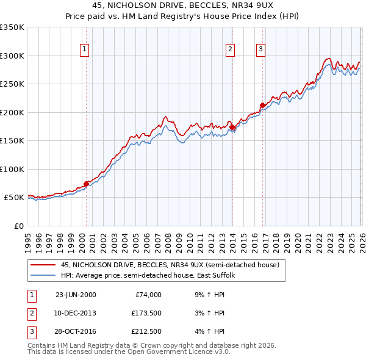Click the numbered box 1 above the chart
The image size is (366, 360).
(84, 50)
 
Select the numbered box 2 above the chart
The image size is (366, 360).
(231, 50)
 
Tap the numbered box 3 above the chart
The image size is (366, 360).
(260, 50)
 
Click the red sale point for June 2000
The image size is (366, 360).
(86, 183)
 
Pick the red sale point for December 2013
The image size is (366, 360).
(232, 128)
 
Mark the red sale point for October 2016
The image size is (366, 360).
(263, 105)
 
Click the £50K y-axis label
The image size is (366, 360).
(13, 198)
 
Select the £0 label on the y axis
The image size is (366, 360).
(18, 226)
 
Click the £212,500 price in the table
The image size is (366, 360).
(146, 331)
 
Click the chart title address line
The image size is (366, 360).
(183, 6)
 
